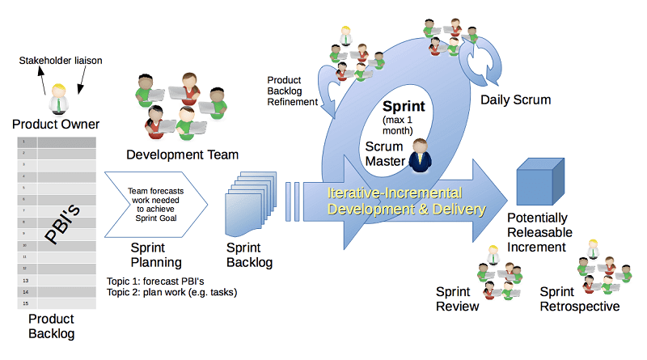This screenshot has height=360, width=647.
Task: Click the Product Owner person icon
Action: pyautogui.click(x=57, y=99)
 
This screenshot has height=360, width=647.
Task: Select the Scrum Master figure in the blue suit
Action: pyautogui.click(x=420, y=155)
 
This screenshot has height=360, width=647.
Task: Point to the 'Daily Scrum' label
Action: pyautogui.click(x=515, y=100)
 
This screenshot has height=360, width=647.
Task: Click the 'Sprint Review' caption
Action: pyautogui.click(x=458, y=299)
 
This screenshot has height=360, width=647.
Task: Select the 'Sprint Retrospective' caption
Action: pyautogui.click(x=579, y=299)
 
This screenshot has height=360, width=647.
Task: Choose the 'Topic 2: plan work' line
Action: pyautogui.click(x=171, y=293)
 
